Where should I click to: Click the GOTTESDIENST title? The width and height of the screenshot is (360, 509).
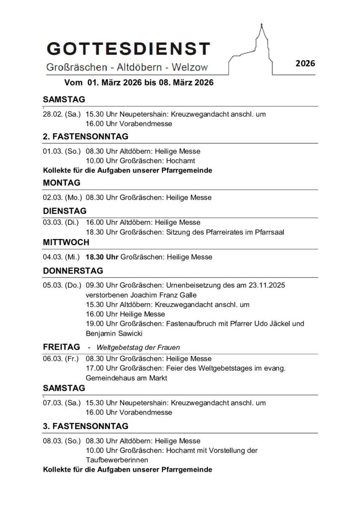pos(128,50)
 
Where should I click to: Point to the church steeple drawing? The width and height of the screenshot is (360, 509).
pos(260,40)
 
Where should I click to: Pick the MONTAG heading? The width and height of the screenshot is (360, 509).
pos(62,182)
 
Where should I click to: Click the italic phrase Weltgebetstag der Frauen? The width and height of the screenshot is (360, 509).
pos(138,347)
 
